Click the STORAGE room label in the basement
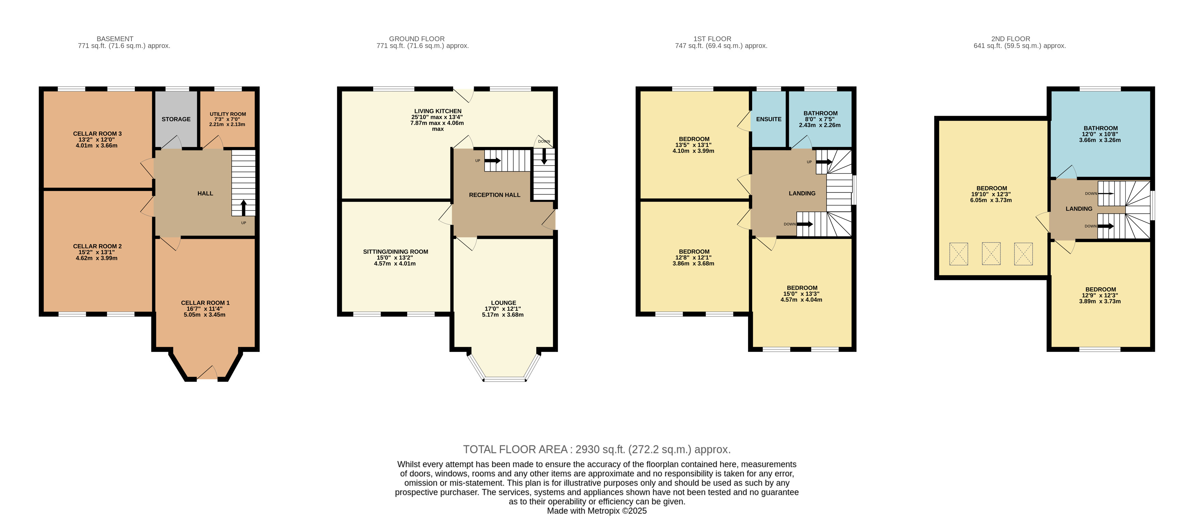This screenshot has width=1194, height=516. tap(176, 119)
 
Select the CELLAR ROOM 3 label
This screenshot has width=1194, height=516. tap(97, 134)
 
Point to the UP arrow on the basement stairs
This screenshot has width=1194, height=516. tap(243, 208)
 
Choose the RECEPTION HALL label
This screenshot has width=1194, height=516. tap(495, 195)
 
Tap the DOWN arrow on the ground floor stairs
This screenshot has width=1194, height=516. tap(544, 156)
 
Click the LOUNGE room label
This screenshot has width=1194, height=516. tap(503, 303)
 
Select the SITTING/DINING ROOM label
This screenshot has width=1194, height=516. tap(395, 252)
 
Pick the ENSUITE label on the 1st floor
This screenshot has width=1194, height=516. tap(768, 119)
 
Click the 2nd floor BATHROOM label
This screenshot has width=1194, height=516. tap(1100, 128)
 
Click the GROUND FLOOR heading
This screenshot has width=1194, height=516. tap(417, 39)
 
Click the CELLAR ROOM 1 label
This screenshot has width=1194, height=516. tap(205, 303)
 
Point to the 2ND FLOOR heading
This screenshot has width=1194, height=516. tap(1010, 39)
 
